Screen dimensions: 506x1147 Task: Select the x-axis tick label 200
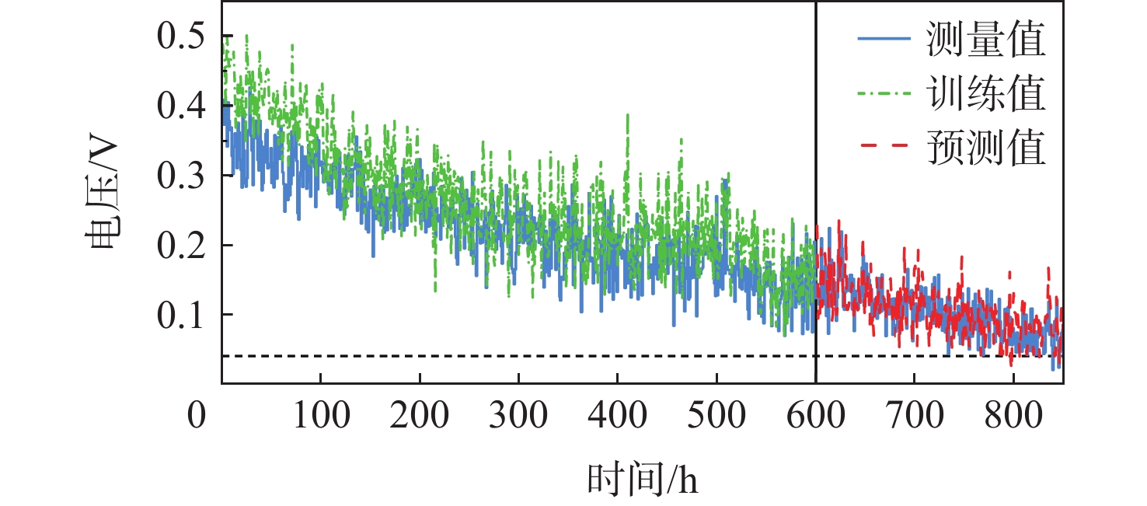[x=420, y=417]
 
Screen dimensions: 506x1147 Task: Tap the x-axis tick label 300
[x=518, y=417]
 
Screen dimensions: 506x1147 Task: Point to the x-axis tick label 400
[x=617, y=417]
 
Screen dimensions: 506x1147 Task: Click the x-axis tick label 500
[x=716, y=417]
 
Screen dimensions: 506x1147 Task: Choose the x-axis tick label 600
[x=815, y=417]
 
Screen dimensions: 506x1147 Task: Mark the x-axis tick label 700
[x=914, y=417]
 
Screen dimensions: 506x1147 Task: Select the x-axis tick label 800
[x=1013, y=417]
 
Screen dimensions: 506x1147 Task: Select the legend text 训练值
[x=985, y=94]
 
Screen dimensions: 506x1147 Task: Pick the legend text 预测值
[x=985, y=147]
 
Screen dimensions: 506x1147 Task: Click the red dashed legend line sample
[x=884, y=147]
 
